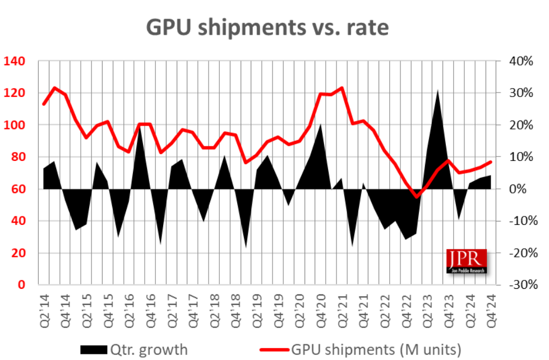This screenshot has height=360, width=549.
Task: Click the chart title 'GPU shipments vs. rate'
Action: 267,27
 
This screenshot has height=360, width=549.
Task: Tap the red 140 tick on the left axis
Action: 16,61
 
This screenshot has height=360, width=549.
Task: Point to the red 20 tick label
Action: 20,253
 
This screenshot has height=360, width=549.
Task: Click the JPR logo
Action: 467,261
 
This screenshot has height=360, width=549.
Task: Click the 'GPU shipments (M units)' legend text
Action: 376,350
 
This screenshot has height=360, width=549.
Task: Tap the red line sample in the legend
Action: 271,350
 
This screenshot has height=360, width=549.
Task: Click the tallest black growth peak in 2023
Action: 437,90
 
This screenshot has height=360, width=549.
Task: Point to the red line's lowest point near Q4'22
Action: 416,196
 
